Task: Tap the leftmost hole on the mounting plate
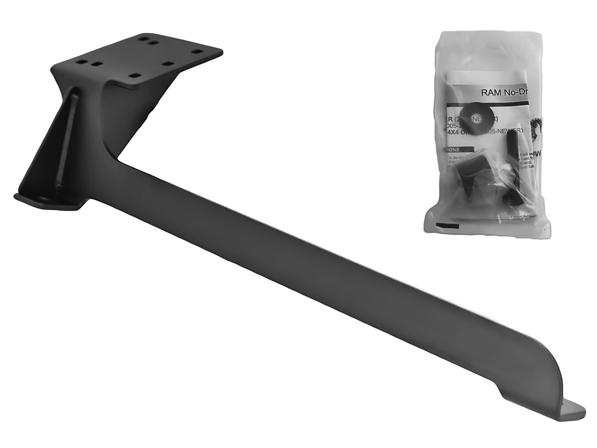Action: click(79, 63)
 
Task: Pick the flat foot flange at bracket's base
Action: click(47, 201)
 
